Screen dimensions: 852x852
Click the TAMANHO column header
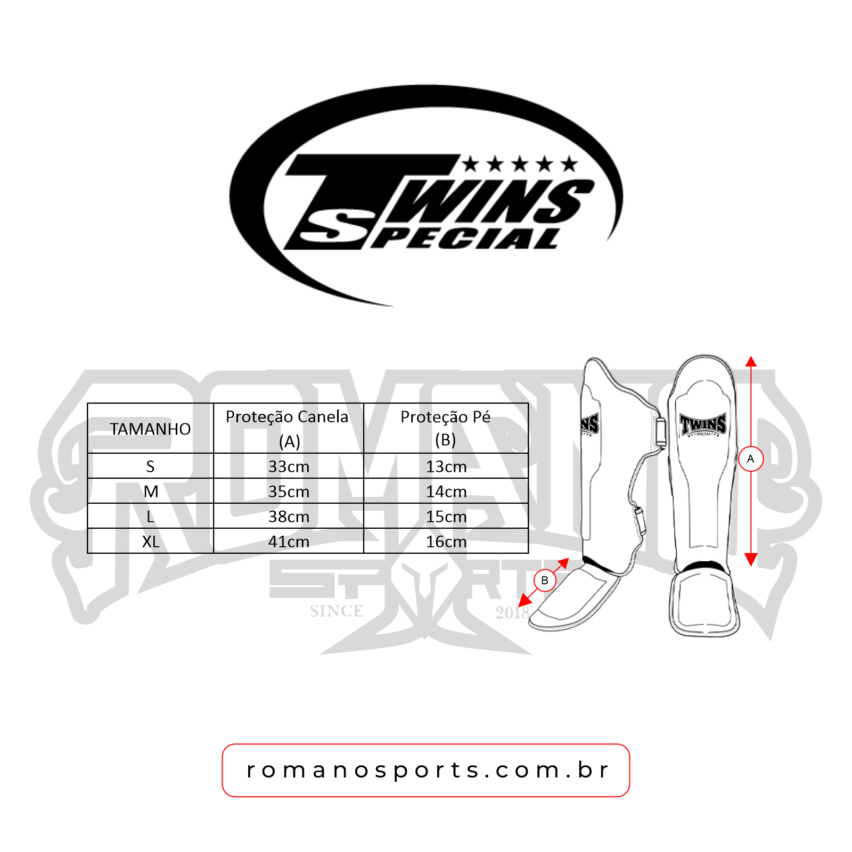tap(150, 429)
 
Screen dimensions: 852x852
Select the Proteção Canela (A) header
tap(288, 428)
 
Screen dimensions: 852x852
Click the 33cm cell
tap(289, 466)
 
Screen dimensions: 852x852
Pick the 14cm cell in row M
tap(446, 491)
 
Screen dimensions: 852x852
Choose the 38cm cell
tap(289, 517)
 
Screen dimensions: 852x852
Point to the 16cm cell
tap(446, 542)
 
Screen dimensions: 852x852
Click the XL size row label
tap(151, 542)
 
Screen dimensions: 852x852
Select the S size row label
tap(150, 466)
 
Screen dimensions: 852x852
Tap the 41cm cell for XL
tap(289, 542)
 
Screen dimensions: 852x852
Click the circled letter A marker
tap(751, 459)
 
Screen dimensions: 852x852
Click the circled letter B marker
tap(545, 580)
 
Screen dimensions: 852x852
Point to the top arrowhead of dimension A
tap(751, 362)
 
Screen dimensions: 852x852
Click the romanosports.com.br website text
tap(426, 770)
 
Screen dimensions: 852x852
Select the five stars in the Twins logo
tap(519, 164)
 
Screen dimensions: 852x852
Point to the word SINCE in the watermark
tap(337, 611)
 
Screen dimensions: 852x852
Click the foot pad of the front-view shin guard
tap(704, 602)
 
